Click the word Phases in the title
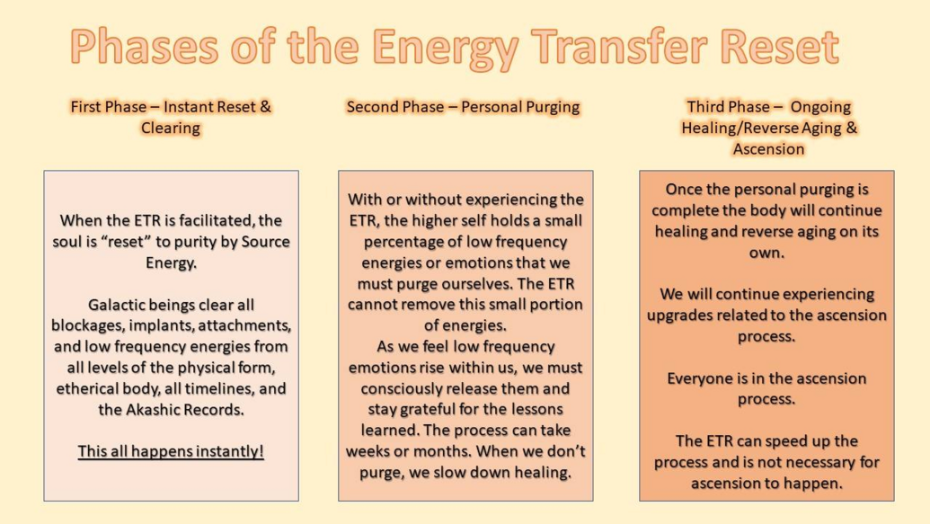tap(144, 47)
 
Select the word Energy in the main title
tap(446, 49)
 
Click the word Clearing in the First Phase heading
tap(171, 129)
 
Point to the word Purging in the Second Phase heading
tap(551, 108)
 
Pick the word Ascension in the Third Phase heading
tap(768, 149)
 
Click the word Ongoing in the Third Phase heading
tap(820, 108)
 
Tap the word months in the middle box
tap(441, 451)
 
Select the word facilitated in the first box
tap(217, 221)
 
